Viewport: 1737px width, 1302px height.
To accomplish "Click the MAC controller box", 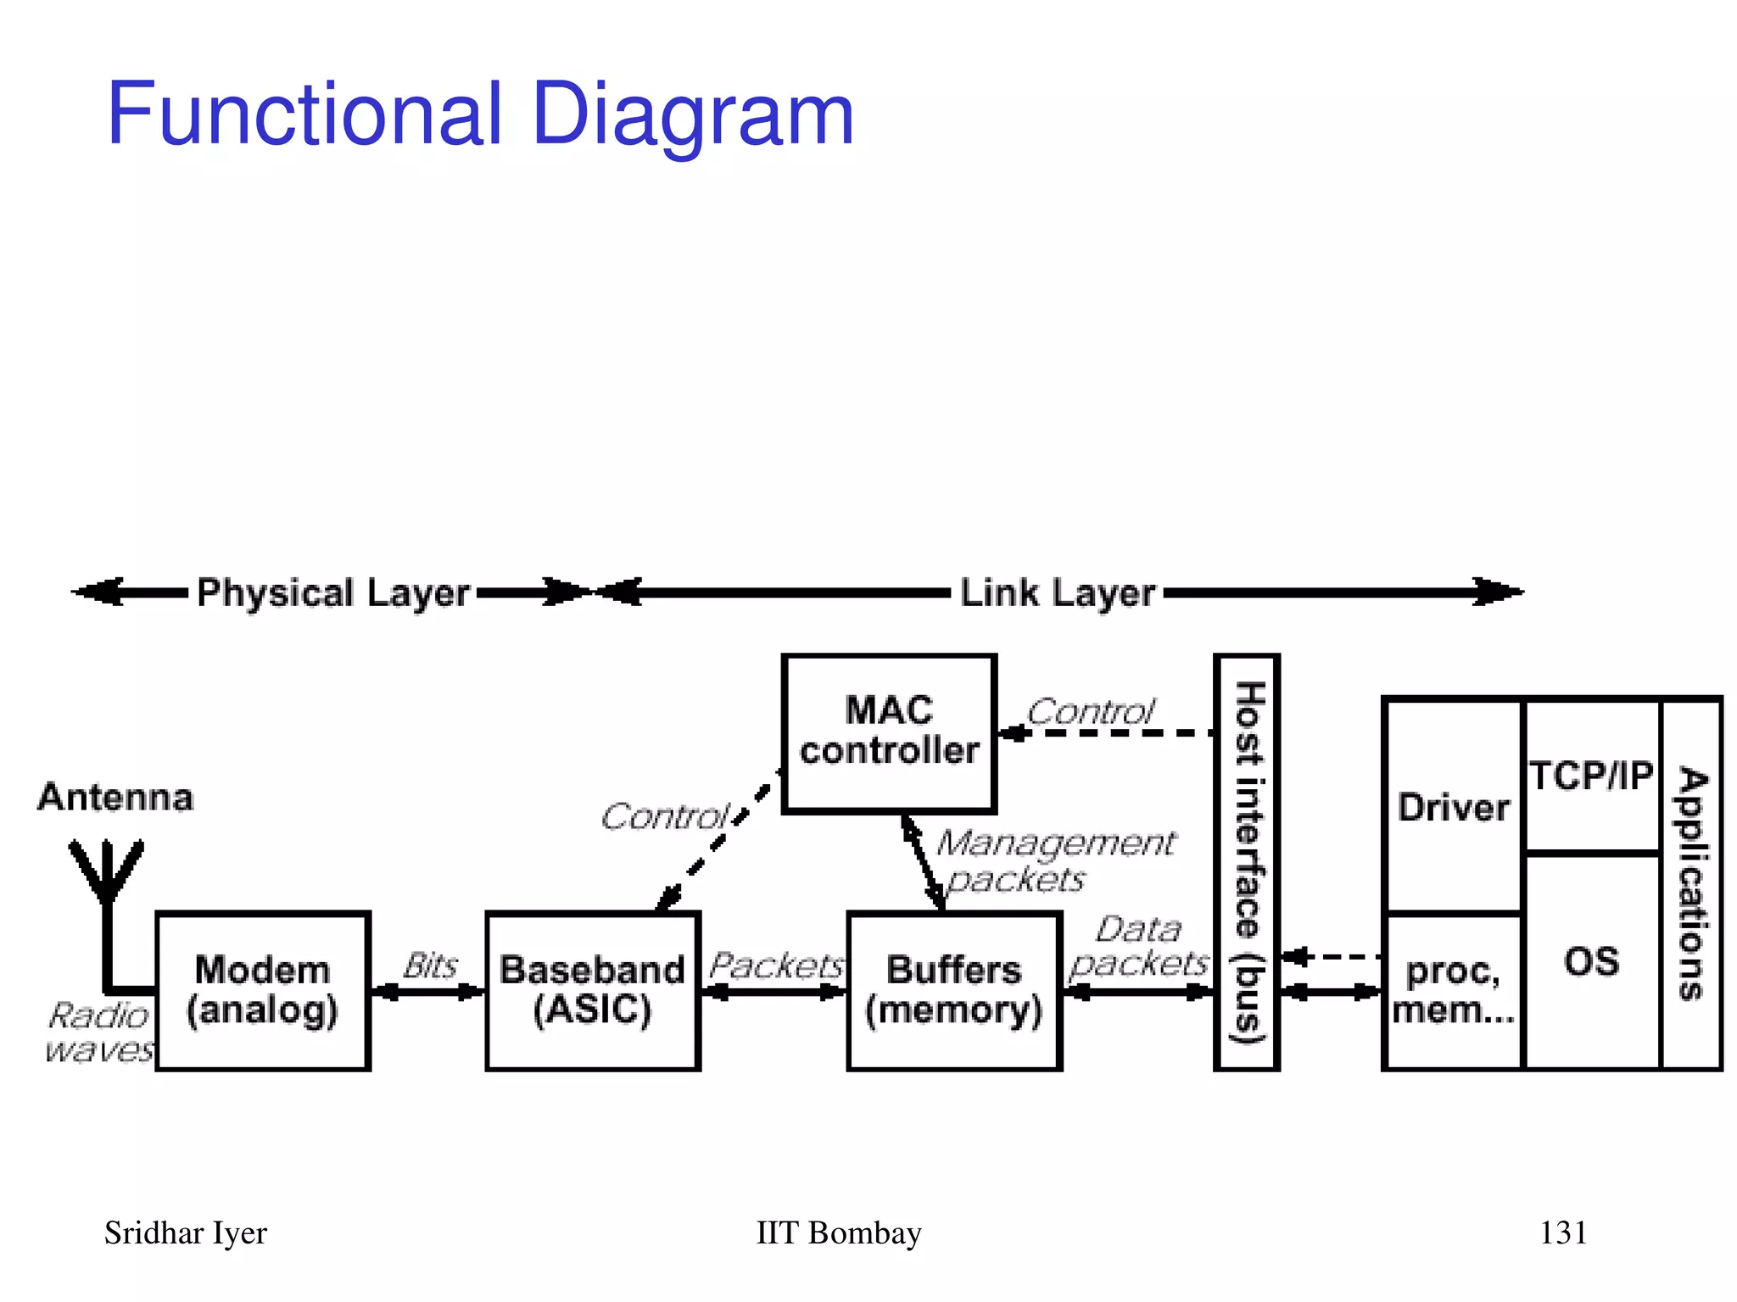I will (888, 732).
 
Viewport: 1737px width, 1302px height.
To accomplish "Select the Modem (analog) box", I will (263, 990).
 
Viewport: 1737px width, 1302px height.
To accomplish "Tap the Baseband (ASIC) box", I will (592, 990).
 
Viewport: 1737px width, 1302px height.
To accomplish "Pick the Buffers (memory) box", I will (953, 990).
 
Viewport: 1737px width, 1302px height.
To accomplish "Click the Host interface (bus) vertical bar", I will (1246, 861).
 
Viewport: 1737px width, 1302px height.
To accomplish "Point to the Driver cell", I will (1453, 806).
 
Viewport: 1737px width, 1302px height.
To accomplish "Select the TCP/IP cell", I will (1591, 776).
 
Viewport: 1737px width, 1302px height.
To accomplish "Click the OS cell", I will (1591, 961).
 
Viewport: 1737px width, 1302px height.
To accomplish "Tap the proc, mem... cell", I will (1453, 990).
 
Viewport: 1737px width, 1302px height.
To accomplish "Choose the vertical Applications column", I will (1691, 883).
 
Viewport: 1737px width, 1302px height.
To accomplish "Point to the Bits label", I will (430, 965).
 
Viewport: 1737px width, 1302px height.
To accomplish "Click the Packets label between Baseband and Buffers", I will (775, 965).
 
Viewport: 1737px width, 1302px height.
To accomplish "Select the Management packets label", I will (1055, 860).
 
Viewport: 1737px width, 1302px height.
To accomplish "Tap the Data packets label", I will (1138, 946).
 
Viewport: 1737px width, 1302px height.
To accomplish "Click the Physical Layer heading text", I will (332, 593).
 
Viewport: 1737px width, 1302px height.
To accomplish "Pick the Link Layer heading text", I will (1057, 593).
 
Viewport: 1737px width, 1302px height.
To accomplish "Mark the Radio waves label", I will (100, 1032).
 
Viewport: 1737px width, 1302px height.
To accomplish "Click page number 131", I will (1562, 1232).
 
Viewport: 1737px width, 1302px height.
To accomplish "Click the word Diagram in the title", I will (692, 114).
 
